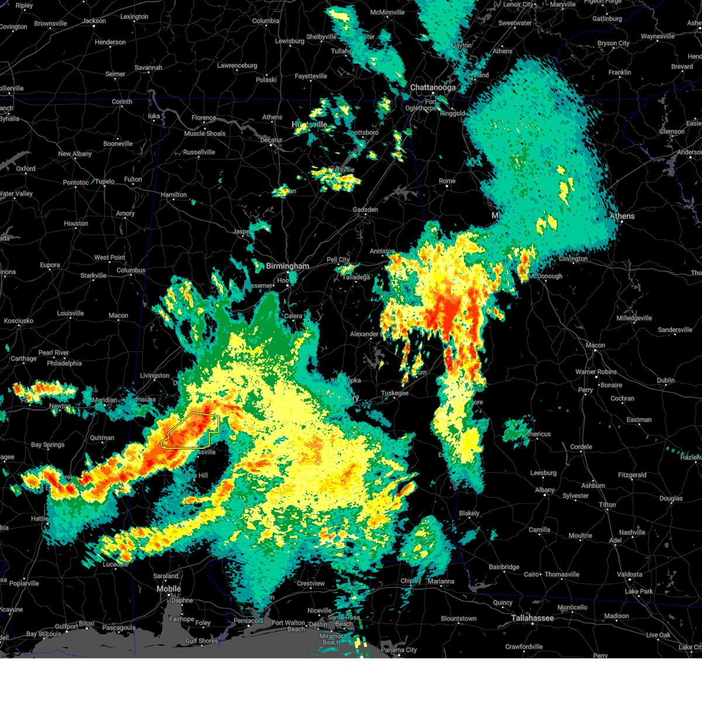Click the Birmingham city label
pyautogui.click(x=287, y=266)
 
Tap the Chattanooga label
pyautogui.click(x=432, y=88)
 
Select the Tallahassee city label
pyautogui.click(x=532, y=618)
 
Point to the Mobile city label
pyautogui.click(x=168, y=589)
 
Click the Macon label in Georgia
pyautogui.click(x=595, y=345)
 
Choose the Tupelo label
pyautogui.click(x=105, y=181)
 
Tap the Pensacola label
pyautogui.click(x=249, y=621)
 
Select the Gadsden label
pyautogui.click(x=365, y=209)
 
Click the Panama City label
pyautogui.click(x=398, y=650)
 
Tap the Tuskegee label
pyautogui.click(x=394, y=393)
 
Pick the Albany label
pyautogui.click(x=545, y=490)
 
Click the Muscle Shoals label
pyautogui.click(x=205, y=133)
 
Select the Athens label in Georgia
pyautogui.click(x=622, y=216)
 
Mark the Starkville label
pyautogui.click(x=93, y=276)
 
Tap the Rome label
pyautogui.click(x=447, y=181)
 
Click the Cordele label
pyautogui.click(x=581, y=447)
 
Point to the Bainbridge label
pyautogui.click(x=504, y=567)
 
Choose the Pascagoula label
pyautogui.click(x=119, y=628)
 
